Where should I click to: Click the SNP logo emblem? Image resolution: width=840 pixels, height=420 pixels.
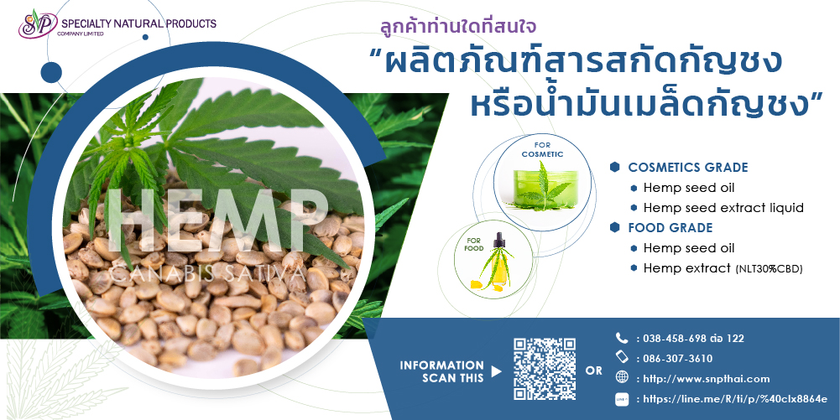click(37, 24)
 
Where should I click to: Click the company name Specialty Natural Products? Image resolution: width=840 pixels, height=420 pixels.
click(138, 23)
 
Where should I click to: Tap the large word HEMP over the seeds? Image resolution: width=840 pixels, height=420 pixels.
click(217, 221)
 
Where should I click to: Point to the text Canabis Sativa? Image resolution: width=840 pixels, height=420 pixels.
click(208, 273)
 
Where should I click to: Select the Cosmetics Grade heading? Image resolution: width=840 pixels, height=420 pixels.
click(688, 168)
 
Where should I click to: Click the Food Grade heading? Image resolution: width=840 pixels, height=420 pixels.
click(670, 228)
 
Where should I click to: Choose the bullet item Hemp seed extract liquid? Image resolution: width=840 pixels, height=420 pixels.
click(723, 208)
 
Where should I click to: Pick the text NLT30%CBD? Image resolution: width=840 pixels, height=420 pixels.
click(768, 269)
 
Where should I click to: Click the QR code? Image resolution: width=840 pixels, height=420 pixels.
click(545, 369)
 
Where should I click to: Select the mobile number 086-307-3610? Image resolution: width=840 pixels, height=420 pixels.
click(678, 359)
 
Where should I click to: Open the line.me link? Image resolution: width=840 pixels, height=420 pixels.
click(734, 399)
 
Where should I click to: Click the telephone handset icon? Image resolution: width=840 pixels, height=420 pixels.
click(622, 338)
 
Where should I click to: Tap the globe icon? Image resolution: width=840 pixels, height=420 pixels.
click(622, 378)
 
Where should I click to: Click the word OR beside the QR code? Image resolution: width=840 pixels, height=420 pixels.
click(593, 371)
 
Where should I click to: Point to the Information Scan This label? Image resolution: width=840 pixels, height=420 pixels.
click(442, 371)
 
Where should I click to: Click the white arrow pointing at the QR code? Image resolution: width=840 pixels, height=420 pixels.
click(497, 371)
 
